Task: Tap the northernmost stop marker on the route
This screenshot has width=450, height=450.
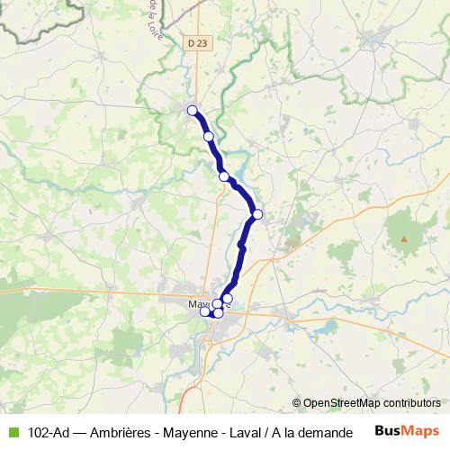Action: (192, 111)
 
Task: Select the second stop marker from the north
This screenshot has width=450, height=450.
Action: (209, 137)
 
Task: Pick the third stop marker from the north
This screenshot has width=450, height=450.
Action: (224, 176)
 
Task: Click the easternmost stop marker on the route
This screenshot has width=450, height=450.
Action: (257, 214)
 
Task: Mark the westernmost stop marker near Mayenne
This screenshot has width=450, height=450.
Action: (204, 311)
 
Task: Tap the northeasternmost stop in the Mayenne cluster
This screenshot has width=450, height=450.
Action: (228, 299)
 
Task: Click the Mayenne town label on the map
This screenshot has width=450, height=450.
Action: (201, 304)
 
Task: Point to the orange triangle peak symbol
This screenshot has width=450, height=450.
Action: (404, 239)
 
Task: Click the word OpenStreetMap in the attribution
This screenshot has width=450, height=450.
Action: (342, 403)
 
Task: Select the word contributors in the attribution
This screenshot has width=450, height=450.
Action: (411, 403)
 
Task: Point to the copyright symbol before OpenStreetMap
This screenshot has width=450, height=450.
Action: (297, 403)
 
